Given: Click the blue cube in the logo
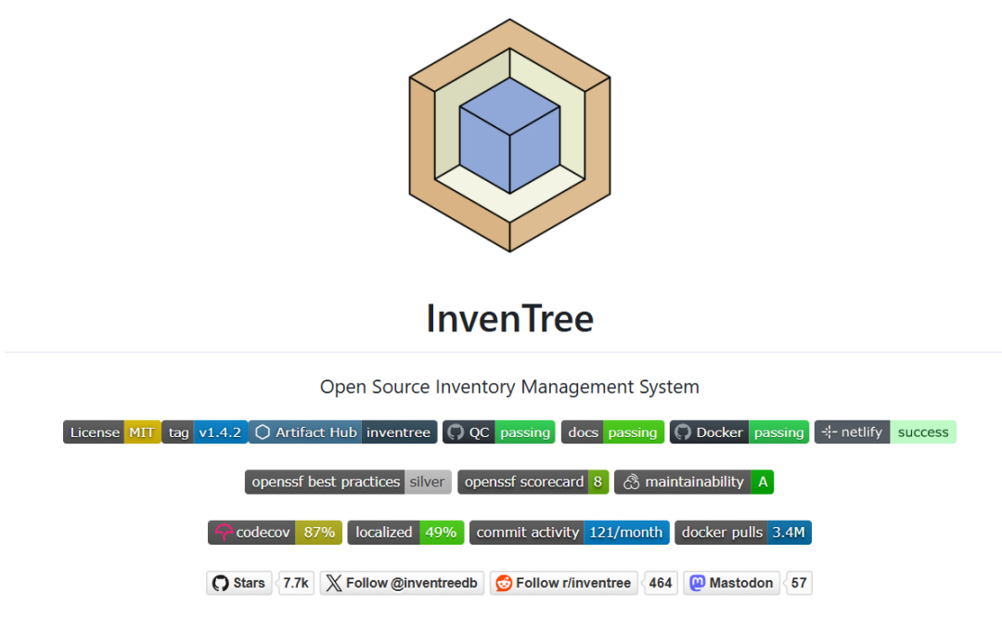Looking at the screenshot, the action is (x=509, y=135).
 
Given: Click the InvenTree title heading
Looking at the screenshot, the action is (x=510, y=318).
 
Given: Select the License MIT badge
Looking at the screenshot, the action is (x=112, y=432).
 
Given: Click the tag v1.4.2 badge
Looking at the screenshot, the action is (x=204, y=432).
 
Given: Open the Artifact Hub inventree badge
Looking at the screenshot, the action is (x=342, y=432).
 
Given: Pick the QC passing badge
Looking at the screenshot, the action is (x=498, y=432).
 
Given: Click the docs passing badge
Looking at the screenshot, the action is (x=612, y=432).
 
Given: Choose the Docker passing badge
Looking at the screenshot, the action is (x=739, y=432).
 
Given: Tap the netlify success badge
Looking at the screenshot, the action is (x=885, y=432).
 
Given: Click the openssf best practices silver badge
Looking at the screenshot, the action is (x=348, y=482).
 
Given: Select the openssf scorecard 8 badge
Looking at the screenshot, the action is (x=533, y=482).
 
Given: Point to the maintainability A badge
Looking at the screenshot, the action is (x=694, y=482).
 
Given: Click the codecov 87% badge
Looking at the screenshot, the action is (x=275, y=533).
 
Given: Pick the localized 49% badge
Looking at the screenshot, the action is (x=405, y=533).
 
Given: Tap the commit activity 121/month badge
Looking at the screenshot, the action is (x=570, y=533).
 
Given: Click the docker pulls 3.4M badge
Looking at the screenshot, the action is (x=743, y=533).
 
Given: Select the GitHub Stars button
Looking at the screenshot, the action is (x=239, y=583).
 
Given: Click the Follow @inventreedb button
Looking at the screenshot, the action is (x=402, y=583).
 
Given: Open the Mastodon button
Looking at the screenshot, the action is (x=732, y=583).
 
